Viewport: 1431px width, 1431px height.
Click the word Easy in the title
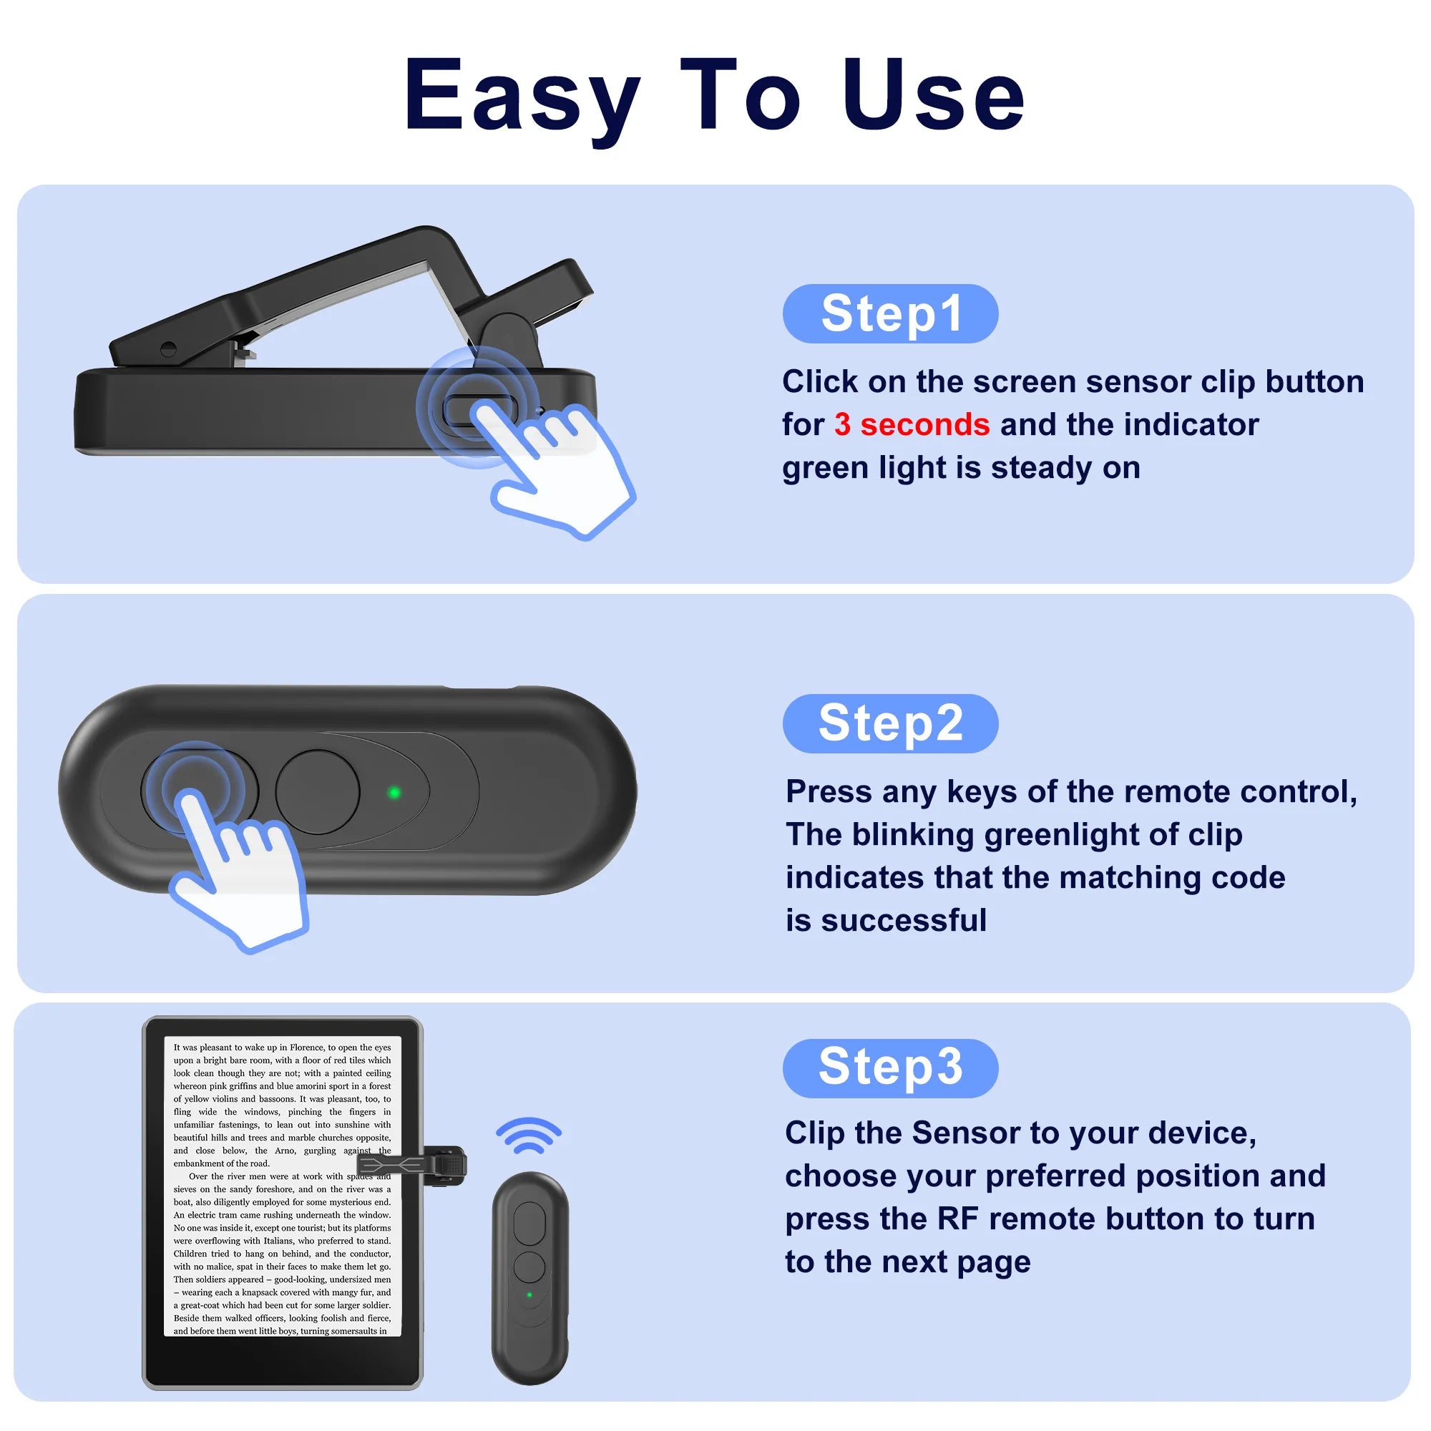(522, 97)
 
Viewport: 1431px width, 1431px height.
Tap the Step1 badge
(890, 313)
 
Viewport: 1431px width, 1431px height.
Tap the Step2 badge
(890, 723)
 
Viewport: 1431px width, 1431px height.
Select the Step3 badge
(890, 1068)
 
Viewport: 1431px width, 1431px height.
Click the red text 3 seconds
(911, 424)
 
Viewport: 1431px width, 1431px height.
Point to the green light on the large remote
(394, 793)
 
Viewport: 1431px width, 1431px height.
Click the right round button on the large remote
(317, 792)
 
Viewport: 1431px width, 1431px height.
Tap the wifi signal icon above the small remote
(528, 1136)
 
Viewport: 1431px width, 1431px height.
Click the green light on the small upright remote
(529, 1296)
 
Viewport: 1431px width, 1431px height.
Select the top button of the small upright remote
(529, 1223)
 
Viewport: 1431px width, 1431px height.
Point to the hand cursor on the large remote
(237, 874)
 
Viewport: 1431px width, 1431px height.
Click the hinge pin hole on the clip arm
(168, 348)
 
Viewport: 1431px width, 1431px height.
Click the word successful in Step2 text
(904, 921)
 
